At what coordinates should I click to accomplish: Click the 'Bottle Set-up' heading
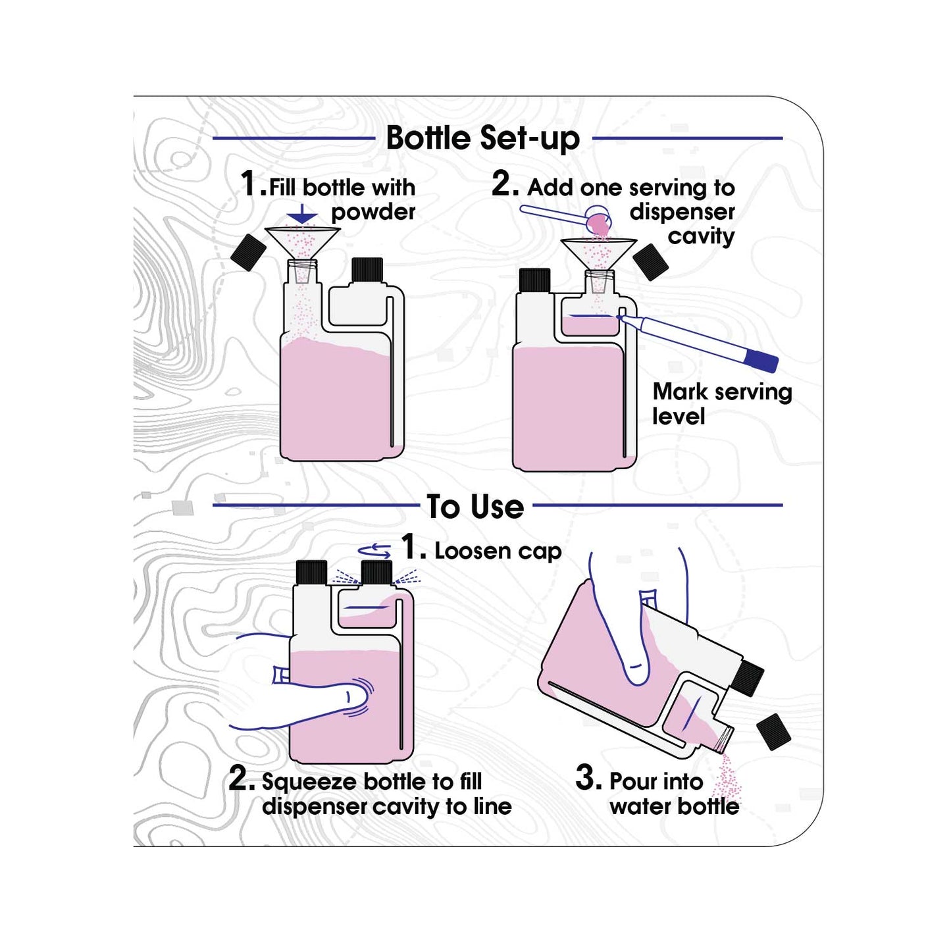point(482,139)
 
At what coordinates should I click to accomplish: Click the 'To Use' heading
point(475,506)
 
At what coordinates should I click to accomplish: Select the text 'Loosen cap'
point(498,552)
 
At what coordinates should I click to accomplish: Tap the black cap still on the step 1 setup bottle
point(367,270)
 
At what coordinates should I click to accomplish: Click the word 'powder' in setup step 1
point(373,213)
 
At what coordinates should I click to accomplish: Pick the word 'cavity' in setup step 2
point(702,236)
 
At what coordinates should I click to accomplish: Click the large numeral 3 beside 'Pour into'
point(588,779)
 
